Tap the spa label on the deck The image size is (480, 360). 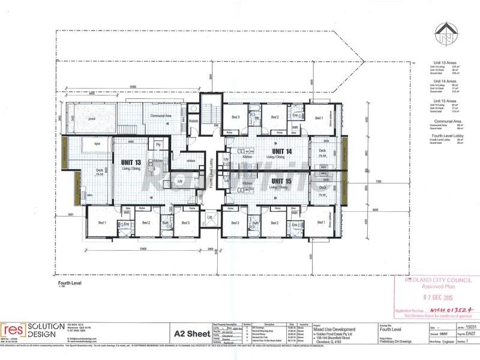click(x=97, y=145)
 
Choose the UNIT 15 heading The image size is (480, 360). click(x=281, y=179)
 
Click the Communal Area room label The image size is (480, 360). click(x=161, y=115)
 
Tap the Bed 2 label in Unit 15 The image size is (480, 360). click(x=274, y=223)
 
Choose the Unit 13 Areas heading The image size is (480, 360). click(x=445, y=62)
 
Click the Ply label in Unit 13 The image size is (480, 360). click(x=158, y=145)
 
